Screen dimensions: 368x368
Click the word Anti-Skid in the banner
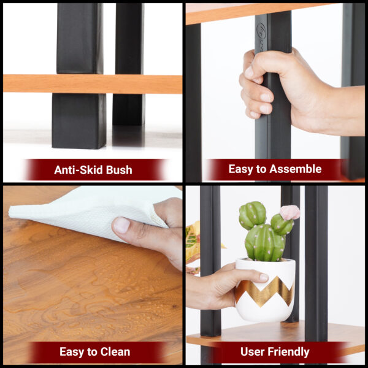click(x=79, y=170)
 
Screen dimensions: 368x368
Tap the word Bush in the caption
click(x=119, y=170)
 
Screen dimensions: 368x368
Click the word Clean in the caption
click(x=116, y=352)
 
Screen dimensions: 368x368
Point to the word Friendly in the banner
click(x=289, y=352)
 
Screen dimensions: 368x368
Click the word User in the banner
click(x=253, y=351)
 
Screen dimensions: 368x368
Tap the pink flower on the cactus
click(x=289, y=212)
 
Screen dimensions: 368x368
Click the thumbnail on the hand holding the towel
click(x=121, y=225)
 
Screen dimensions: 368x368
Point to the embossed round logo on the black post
click(x=261, y=31)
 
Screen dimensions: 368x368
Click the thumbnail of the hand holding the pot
click(x=264, y=277)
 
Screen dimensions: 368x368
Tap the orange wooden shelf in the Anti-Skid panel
click(x=93, y=84)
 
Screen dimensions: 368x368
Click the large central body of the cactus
click(x=265, y=243)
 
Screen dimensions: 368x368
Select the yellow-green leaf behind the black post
click(x=193, y=244)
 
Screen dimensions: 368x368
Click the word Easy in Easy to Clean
click(x=72, y=352)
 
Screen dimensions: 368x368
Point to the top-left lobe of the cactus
click(x=252, y=215)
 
